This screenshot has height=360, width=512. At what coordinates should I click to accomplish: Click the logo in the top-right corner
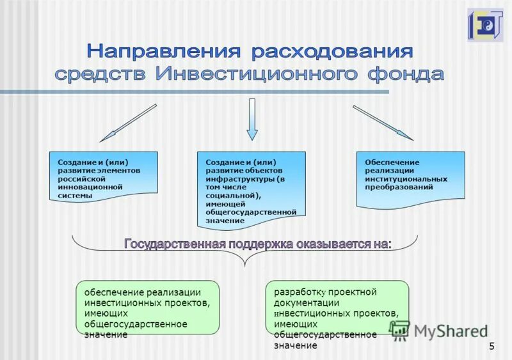click(485, 25)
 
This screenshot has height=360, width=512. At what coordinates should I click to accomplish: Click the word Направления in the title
click(165, 51)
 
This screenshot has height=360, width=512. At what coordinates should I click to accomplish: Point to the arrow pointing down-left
click(128, 123)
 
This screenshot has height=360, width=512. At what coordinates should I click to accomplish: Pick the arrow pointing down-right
click(383, 122)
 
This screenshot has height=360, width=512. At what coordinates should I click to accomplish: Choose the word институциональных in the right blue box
click(406, 179)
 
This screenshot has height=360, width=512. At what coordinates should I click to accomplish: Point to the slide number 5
click(492, 347)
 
